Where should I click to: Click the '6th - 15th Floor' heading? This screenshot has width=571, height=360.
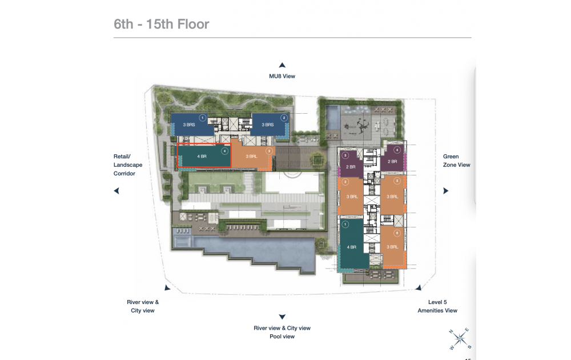(x=162, y=24)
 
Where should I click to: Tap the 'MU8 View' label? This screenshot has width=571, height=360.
(x=282, y=76)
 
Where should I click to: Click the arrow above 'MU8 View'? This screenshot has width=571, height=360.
(x=282, y=65)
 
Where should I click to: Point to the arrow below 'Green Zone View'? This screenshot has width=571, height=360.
(x=446, y=191)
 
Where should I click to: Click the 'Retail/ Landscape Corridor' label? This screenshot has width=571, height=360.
(x=127, y=165)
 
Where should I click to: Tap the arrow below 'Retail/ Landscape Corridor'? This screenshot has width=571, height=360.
(x=116, y=191)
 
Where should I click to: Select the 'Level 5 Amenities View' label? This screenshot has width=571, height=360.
(x=437, y=306)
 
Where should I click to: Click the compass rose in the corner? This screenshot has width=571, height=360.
(x=460, y=339)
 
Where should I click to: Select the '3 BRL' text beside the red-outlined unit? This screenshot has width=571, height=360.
(x=251, y=156)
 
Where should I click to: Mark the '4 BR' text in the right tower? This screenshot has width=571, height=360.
(x=352, y=247)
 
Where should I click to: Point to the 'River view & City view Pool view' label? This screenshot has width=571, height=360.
(x=282, y=332)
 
